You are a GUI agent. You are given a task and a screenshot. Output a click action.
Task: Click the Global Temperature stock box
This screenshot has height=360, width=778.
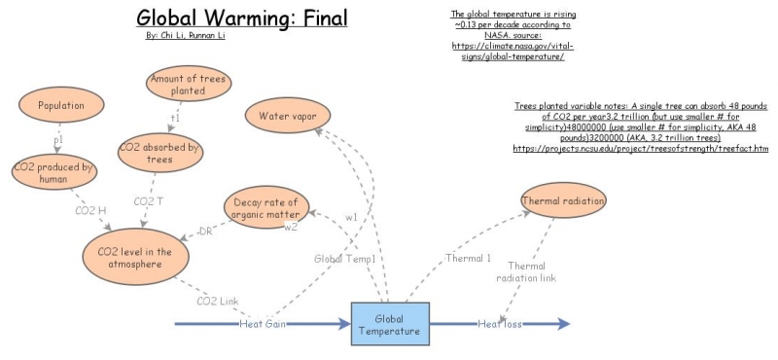[389, 323]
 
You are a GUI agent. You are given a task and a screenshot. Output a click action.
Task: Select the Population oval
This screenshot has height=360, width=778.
[62, 105]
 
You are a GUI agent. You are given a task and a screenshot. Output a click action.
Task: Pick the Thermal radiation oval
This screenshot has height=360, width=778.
[564, 200]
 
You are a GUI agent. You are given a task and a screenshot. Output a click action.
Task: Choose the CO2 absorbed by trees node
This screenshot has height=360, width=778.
[159, 154]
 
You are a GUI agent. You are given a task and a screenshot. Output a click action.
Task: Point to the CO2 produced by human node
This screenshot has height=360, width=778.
[54, 173]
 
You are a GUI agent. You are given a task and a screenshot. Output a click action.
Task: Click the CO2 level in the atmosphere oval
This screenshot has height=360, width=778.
[135, 258]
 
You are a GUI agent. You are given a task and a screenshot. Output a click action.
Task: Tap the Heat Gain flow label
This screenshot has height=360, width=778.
[263, 323]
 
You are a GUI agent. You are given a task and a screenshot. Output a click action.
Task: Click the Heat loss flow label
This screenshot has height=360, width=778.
[500, 323]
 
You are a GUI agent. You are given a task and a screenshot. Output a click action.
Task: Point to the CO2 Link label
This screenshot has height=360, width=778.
[218, 301]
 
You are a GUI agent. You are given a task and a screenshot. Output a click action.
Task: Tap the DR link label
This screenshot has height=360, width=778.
[206, 231]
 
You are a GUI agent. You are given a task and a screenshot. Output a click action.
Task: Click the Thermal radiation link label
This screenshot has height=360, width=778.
[526, 271]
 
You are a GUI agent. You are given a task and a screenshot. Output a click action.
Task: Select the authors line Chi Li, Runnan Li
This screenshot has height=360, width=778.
[178, 35]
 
